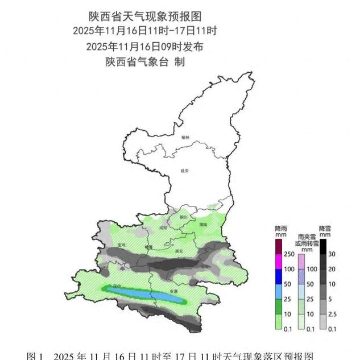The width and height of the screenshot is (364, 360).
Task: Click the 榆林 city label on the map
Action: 185,137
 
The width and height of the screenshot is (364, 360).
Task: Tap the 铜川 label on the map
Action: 183,217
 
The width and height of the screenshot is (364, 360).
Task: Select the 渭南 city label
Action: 203,225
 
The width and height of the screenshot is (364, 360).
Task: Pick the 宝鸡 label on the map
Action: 121,245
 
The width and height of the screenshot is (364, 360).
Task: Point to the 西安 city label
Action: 179,250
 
